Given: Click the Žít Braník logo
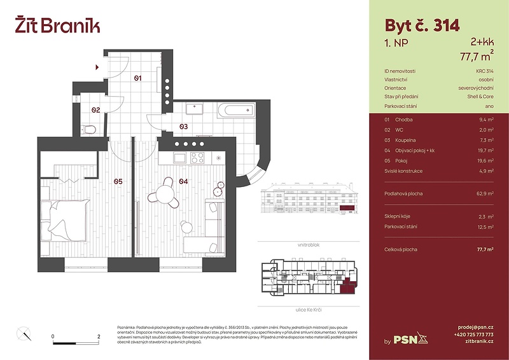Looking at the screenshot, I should (x=57, y=25).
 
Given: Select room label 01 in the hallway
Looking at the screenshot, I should (x=137, y=78).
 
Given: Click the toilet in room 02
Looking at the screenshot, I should (x=90, y=130).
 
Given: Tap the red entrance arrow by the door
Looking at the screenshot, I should (x=97, y=66).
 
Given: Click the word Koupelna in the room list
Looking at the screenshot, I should (x=406, y=140).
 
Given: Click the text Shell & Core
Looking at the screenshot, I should (x=480, y=97).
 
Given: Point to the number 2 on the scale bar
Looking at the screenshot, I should (x=99, y=336).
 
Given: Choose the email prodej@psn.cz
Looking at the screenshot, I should (x=475, y=325).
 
